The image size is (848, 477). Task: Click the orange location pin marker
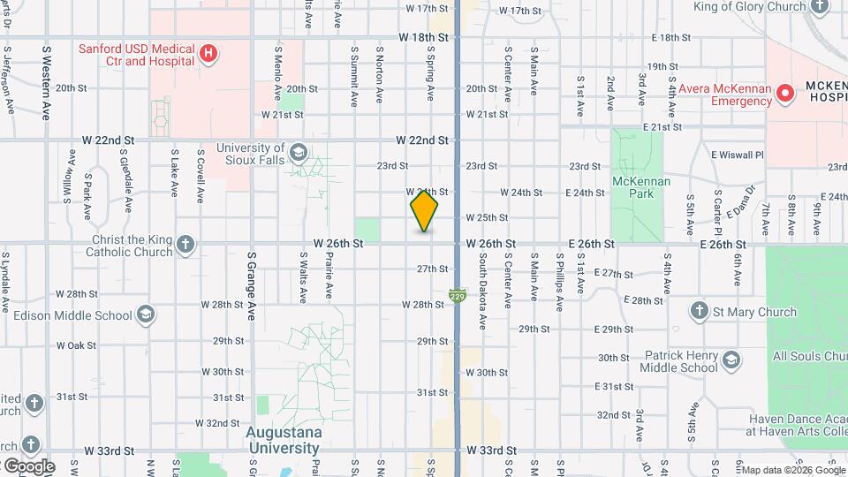click(425, 211)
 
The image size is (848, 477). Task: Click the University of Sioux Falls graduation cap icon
click(298, 154)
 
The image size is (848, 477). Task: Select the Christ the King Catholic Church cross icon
click(185, 245)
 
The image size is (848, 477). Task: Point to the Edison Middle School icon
click(146, 314)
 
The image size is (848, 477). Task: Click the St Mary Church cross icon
click(700, 311)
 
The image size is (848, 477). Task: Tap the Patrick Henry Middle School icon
click(731, 360)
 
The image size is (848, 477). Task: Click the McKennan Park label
click(641, 187)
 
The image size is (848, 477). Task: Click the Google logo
click(28, 466)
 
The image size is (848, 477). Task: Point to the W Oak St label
click(75, 345)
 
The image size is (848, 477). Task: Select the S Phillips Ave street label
click(560, 283)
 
